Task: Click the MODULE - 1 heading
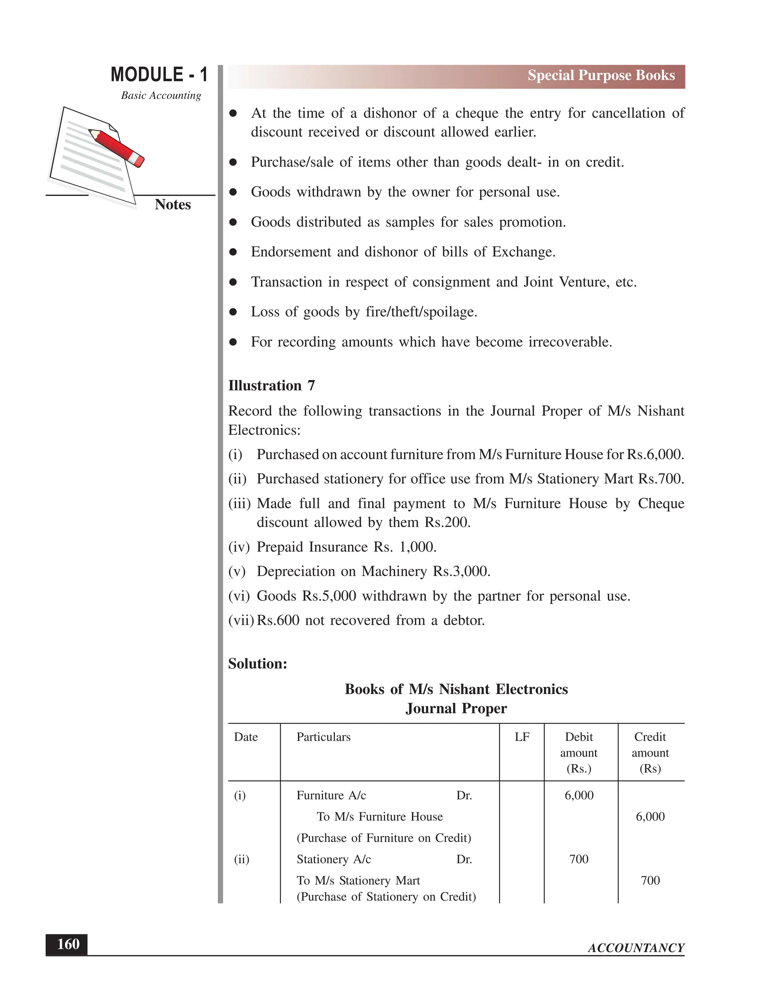[x=159, y=75]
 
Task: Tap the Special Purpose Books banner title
[x=601, y=75]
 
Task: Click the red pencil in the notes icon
[x=117, y=147]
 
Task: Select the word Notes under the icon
[x=172, y=205]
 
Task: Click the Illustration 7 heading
[x=271, y=386]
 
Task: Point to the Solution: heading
[x=257, y=664]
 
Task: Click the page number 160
[x=68, y=944]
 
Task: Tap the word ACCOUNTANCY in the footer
[x=636, y=948]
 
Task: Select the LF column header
[x=522, y=737]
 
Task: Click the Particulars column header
[x=323, y=737]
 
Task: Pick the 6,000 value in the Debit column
[x=579, y=796]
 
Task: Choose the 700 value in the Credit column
[x=650, y=881]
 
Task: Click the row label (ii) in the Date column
[x=241, y=859]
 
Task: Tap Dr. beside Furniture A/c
[x=464, y=796]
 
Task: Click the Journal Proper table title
[x=456, y=708]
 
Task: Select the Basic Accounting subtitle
[x=161, y=95]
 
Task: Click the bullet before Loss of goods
[x=233, y=312]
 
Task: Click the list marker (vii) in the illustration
[x=241, y=621]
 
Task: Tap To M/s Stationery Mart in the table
[x=358, y=881]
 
